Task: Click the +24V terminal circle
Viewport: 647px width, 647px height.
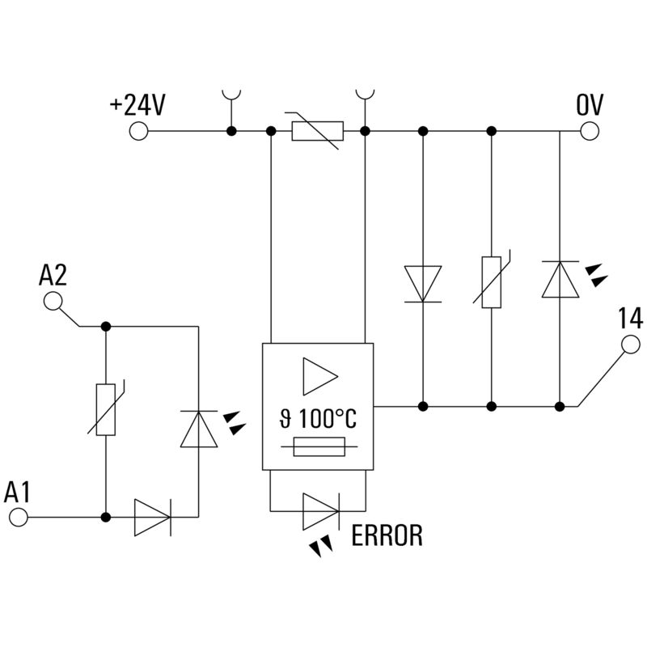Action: (x=138, y=131)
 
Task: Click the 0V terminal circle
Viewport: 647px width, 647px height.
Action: (x=590, y=131)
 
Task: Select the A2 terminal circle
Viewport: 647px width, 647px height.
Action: (x=53, y=301)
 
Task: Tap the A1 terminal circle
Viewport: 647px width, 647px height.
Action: (x=18, y=517)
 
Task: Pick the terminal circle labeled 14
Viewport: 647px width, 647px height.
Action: (x=631, y=345)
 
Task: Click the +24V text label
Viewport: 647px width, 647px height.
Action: (x=137, y=105)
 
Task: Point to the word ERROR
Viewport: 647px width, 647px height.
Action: (x=387, y=535)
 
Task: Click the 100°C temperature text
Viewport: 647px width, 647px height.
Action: (x=328, y=418)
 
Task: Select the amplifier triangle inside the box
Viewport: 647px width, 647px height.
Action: (x=320, y=376)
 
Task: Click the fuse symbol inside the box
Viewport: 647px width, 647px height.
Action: (x=319, y=446)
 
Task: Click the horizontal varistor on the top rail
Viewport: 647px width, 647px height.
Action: (x=317, y=131)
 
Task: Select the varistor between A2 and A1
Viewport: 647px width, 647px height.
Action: (x=106, y=409)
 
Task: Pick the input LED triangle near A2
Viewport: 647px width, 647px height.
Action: (x=199, y=429)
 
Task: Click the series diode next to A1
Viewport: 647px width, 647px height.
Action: (x=153, y=518)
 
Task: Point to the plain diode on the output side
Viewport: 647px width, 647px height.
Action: (x=423, y=284)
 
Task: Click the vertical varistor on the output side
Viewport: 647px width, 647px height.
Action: (x=492, y=281)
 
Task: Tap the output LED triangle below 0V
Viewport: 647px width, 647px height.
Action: (x=560, y=279)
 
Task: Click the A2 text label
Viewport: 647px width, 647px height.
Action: (x=53, y=275)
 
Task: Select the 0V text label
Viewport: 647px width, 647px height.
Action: (x=590, y=105)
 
